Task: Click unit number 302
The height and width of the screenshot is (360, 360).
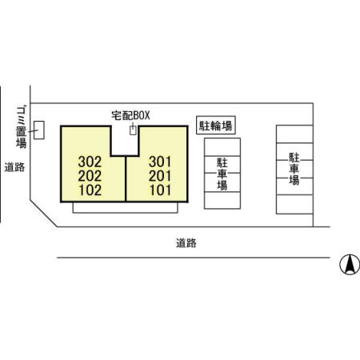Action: (90, 162)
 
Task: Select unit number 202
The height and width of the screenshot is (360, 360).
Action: (90, 176)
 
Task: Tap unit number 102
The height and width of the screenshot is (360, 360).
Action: (90, 190)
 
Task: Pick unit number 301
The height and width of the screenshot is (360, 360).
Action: (160, 162)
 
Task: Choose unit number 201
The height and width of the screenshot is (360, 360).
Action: (160, 176)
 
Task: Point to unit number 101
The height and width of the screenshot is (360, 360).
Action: (160, 190)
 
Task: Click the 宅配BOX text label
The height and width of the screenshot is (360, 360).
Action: (130, 115)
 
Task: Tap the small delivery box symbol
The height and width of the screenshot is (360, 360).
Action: (133, 130)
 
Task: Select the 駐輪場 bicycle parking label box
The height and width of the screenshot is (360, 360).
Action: (216, 125)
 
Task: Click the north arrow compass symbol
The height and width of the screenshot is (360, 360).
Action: (350, 265)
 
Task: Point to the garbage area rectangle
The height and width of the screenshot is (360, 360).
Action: (39, 130)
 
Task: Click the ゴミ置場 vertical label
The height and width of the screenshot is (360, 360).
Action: (21, 127)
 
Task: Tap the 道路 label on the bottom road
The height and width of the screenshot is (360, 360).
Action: (186, 243)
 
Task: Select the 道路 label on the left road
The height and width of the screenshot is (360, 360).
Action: (14, 167)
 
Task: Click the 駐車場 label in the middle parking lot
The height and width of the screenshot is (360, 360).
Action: (222, 174)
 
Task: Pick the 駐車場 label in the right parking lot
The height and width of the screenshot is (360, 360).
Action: (294, 169)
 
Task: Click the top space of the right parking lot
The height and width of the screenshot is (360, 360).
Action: (294, 134)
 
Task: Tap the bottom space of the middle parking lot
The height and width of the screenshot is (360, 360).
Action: (222, 200)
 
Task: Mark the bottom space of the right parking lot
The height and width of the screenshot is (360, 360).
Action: (294, 205)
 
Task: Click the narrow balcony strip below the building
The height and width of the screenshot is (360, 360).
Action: (126, 208)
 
